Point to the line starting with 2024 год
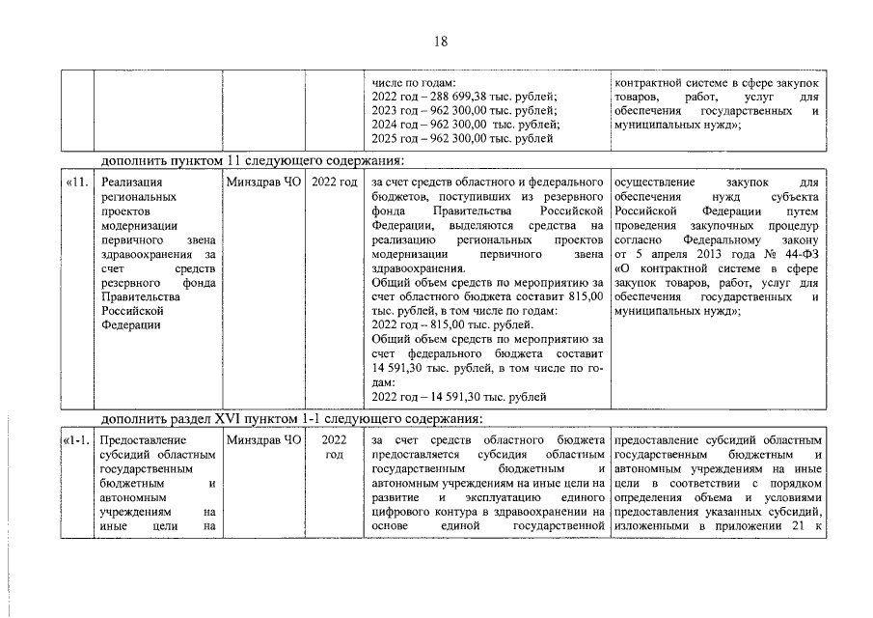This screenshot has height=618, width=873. [x=464, y=125]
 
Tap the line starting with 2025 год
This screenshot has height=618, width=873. [x=462, y=138]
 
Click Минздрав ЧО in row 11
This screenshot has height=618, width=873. [x=263, y=182]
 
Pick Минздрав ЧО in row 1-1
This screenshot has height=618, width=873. [x=263, y=440]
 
